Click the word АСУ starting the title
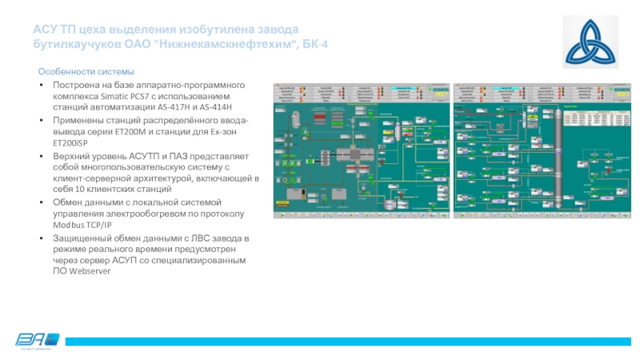(x=45, y=29)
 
